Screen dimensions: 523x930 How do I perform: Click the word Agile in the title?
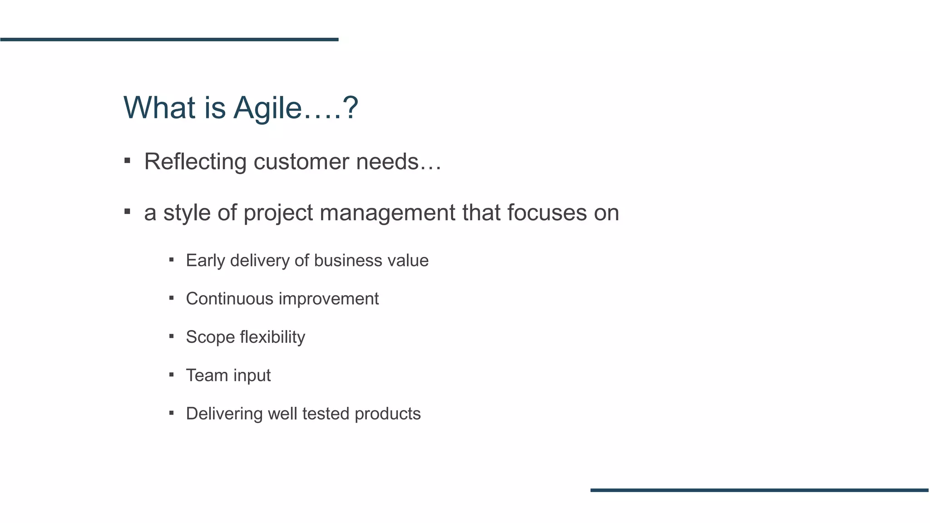click(267, 109)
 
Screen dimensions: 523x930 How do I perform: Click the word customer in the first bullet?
click(301, 162)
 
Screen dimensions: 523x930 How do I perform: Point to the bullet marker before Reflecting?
click(127, 160)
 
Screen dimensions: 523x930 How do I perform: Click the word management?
click(387, 212)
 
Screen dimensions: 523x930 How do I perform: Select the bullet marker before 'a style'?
click(127, 211)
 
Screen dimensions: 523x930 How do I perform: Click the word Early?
click(206, 261)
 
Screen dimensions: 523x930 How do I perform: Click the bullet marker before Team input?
click(171, 375)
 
